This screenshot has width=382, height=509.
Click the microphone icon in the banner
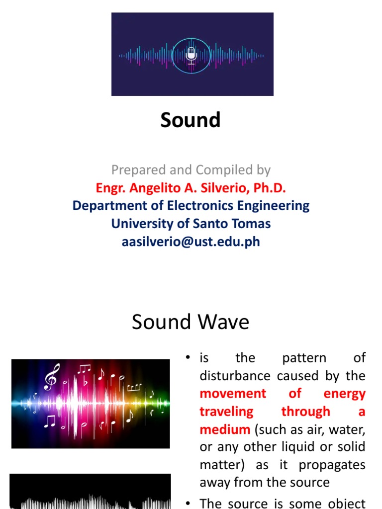coord(191,55)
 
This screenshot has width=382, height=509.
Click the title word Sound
coord(191,120)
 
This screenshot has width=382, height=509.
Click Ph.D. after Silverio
coord(270,188)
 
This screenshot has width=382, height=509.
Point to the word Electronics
coord(200,206)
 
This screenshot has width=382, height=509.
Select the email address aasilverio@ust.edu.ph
coord(191,242)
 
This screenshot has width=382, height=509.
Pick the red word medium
coord(225,429)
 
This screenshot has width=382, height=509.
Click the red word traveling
coord(226,412)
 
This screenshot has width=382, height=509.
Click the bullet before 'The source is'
coord(188,503)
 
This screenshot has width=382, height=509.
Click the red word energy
coord(344,394)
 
